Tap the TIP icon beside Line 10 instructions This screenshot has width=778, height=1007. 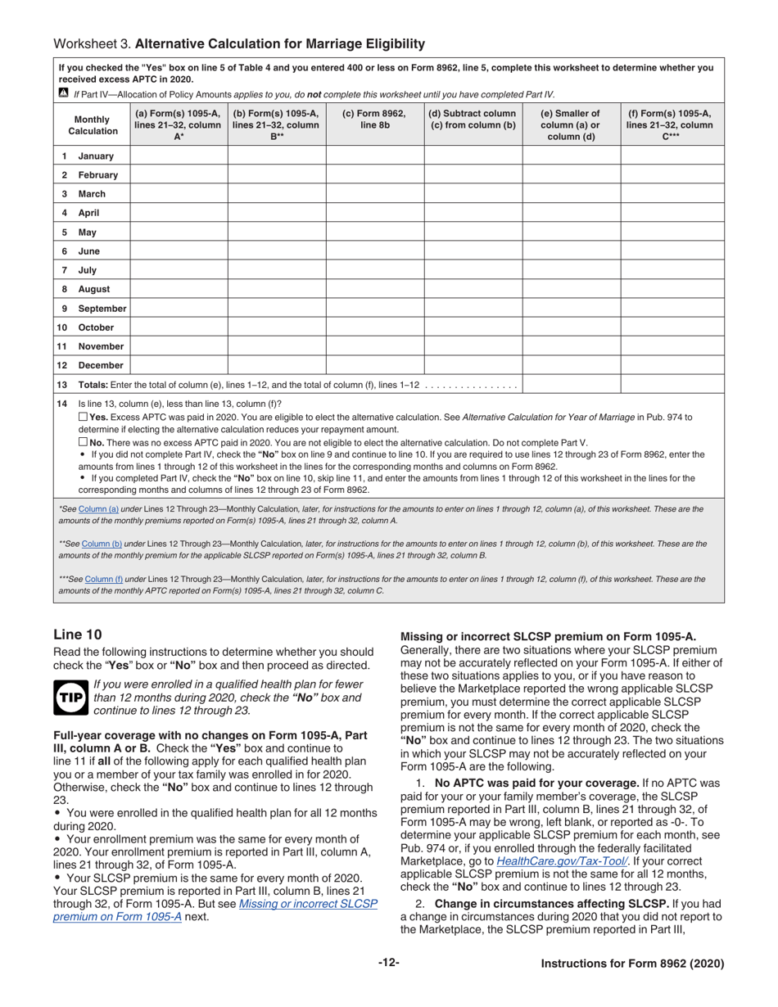pos(70,697)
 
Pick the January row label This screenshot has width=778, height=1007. pos(96,156)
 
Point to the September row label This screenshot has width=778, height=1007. pos(102,309)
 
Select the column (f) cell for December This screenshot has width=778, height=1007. pos(672,365)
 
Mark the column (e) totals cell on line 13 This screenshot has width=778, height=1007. pos(571,385)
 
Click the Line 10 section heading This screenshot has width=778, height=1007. pos(78,634)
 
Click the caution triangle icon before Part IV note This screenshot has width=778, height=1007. pos(64,94)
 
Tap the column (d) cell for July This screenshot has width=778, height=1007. pos(473,270)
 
